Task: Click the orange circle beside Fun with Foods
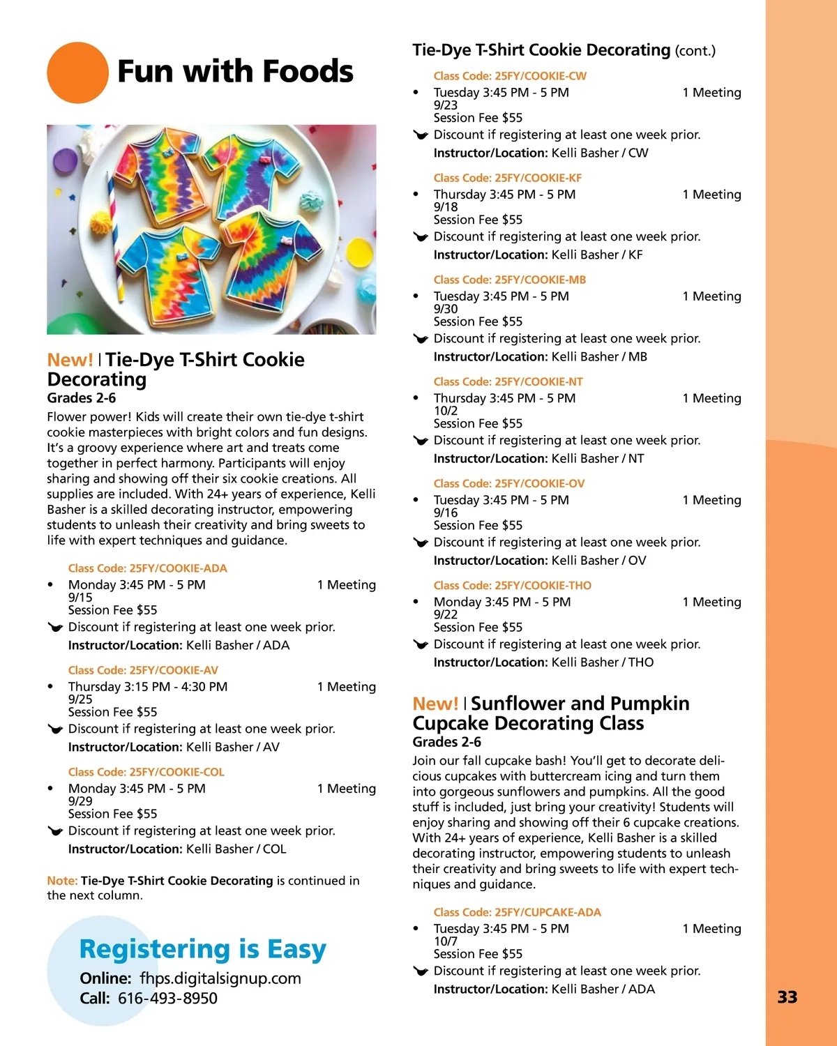click(77, 73)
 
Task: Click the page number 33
click(787, 997)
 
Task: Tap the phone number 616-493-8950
click(167, 999)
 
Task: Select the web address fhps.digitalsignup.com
click(220, 978)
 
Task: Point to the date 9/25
click(80, 699)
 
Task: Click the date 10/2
click(446, 411)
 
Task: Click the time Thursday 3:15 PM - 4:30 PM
click(148, 687)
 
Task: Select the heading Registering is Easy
click(202, 949)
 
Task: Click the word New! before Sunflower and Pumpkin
click(435, 704)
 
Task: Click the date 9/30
click(446, 309)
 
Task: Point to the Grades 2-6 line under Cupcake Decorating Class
click(446, 742)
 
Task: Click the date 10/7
click(446, 941)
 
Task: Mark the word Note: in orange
click(62, 881)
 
